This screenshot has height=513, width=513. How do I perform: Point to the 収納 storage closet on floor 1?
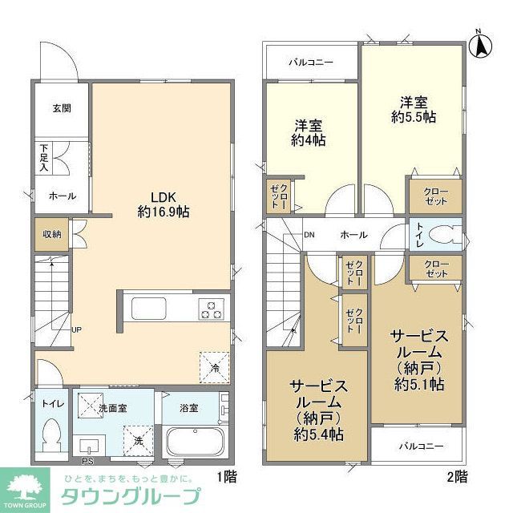point(46,236)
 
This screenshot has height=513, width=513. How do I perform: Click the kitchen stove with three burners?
point(214,309)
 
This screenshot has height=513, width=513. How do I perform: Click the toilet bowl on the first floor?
point(53,434)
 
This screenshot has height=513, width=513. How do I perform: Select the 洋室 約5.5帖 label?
point(414,109)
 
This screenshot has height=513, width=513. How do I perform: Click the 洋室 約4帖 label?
point(309,132)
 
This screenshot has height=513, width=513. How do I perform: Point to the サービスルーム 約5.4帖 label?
point(317,409)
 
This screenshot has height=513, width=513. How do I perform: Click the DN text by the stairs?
point(309,235)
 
